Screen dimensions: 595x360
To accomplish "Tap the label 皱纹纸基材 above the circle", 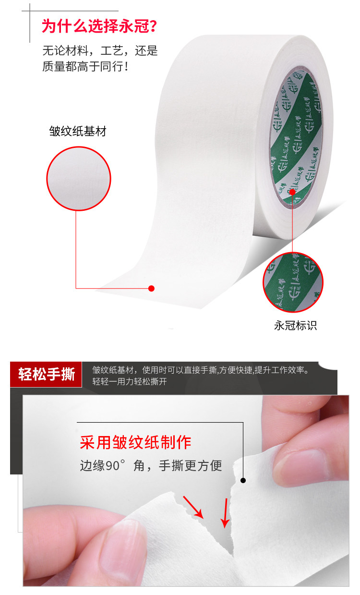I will [78, 131].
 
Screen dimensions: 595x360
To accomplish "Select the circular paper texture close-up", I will [79, 179].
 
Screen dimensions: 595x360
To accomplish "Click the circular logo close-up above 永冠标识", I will [293, 282].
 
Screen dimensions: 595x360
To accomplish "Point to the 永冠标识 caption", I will [295, 325].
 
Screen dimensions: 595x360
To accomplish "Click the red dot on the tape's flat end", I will [151, 288].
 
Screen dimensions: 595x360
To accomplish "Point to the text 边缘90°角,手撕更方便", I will [151, 465].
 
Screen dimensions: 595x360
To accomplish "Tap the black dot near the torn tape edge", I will [243, 480].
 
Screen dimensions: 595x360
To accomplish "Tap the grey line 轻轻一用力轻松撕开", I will [130, 382].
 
